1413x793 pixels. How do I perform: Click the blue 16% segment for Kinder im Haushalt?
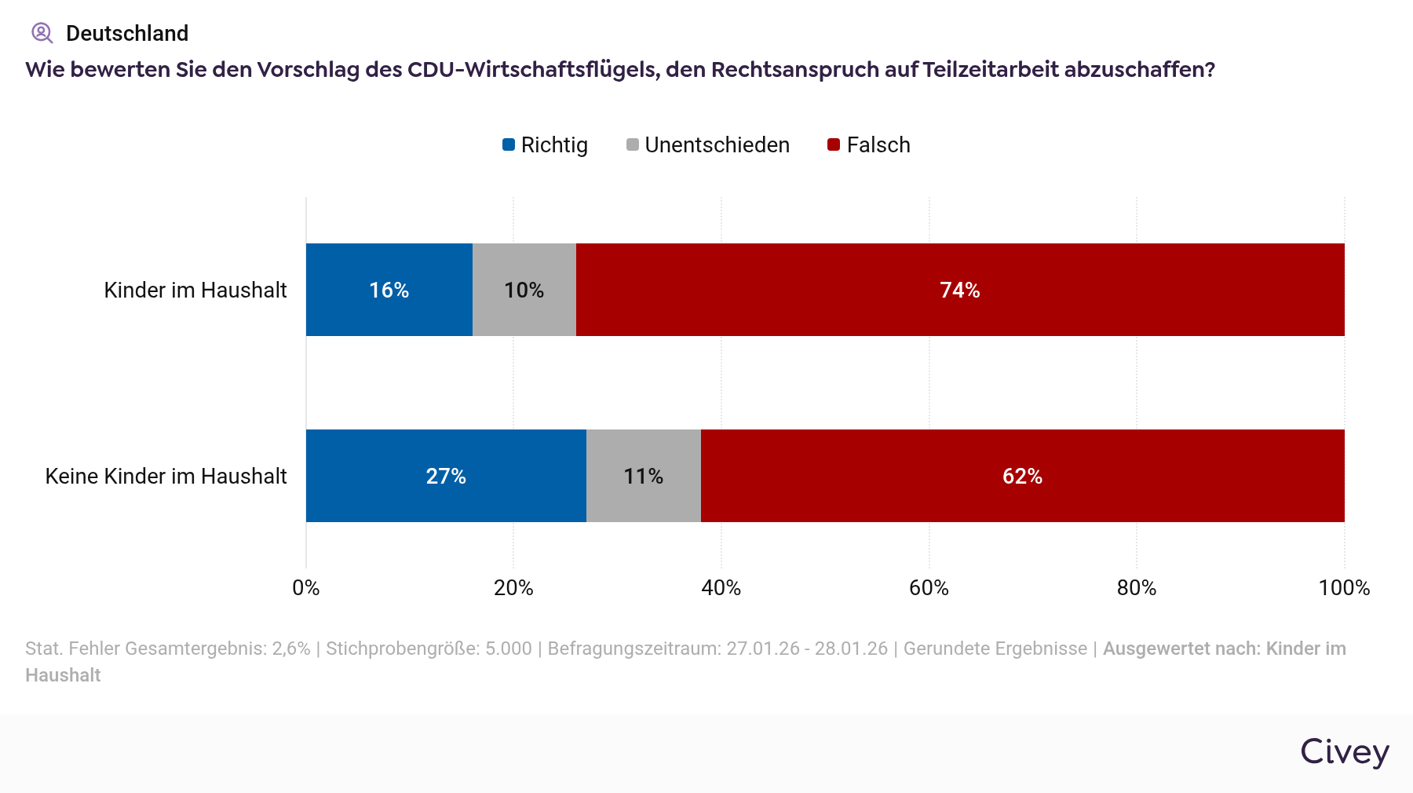pyautogui.click(x=389, y=290)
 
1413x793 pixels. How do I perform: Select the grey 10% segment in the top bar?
pyautogui.click(x=524, y=290)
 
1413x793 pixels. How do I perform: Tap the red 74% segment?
pyautogui.click(x=960, y=290)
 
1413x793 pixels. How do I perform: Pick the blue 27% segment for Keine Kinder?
pyautogui.click(x=446, y=476)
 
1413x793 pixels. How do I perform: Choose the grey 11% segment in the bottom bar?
pyautogui.click(x=644, y=476)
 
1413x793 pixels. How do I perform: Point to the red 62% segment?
pyautogui.click(x=1022, y=476)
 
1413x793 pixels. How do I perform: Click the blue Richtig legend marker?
pyautogui.click(x=509, y=144)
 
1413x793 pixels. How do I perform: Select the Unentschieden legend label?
pyautogui.click(x=717, y=145)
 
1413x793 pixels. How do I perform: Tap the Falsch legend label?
pyautogui.click(x=878, y=145)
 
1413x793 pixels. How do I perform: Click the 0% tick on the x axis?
pyautogui.click(x=306, y=588)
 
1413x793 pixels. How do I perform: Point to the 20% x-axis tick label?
pyautogui.click(x=513, y=588)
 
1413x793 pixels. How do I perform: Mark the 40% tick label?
pyautogui.click(x=721, y=588)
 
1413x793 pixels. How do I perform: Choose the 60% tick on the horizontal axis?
pyautogui.click(x=929, y=588)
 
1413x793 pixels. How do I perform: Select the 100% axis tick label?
pyautogui.click(x=1344, y=588)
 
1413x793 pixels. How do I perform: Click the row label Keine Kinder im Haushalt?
pyautogui.click(x=166, y=477)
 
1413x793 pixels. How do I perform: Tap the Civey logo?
pyautogui.click(x=1345, y=751)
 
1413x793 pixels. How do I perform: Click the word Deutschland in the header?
pyautogui.click(x=127, y=33)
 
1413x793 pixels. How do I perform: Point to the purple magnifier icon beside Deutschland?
pyautogui.click(x=42, y=33)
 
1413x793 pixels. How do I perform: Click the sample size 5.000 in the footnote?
pyautogui.click(x=509, y=649)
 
